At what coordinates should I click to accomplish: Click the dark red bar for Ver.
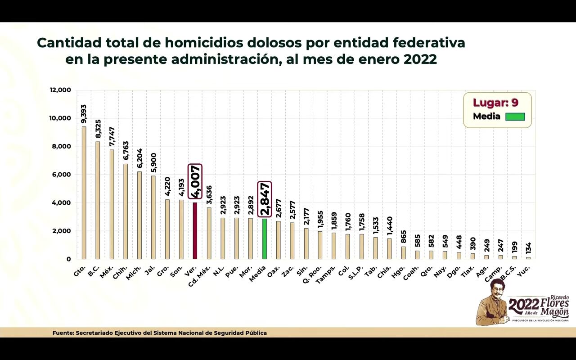click(x=195, y=230)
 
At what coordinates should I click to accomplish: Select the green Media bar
click(x=265, y=238)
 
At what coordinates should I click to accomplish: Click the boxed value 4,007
click(x=195, y=181)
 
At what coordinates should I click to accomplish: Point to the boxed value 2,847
click(x=265, y=199)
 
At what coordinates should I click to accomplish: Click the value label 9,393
click(x=84, y=114)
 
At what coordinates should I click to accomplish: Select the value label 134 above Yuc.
click(x=528, y=247)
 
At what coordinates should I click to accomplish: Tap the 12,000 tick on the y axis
click(x=60, y=90)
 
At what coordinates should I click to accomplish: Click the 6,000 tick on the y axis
click(x=62, y=175)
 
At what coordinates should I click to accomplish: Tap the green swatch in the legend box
click(x=515, y=117)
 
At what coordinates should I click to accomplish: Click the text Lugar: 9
click(x=495, y=103)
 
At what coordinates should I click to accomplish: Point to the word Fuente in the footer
click(x=63, y=333)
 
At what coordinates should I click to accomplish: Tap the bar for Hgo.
click(x=404, y=252)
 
